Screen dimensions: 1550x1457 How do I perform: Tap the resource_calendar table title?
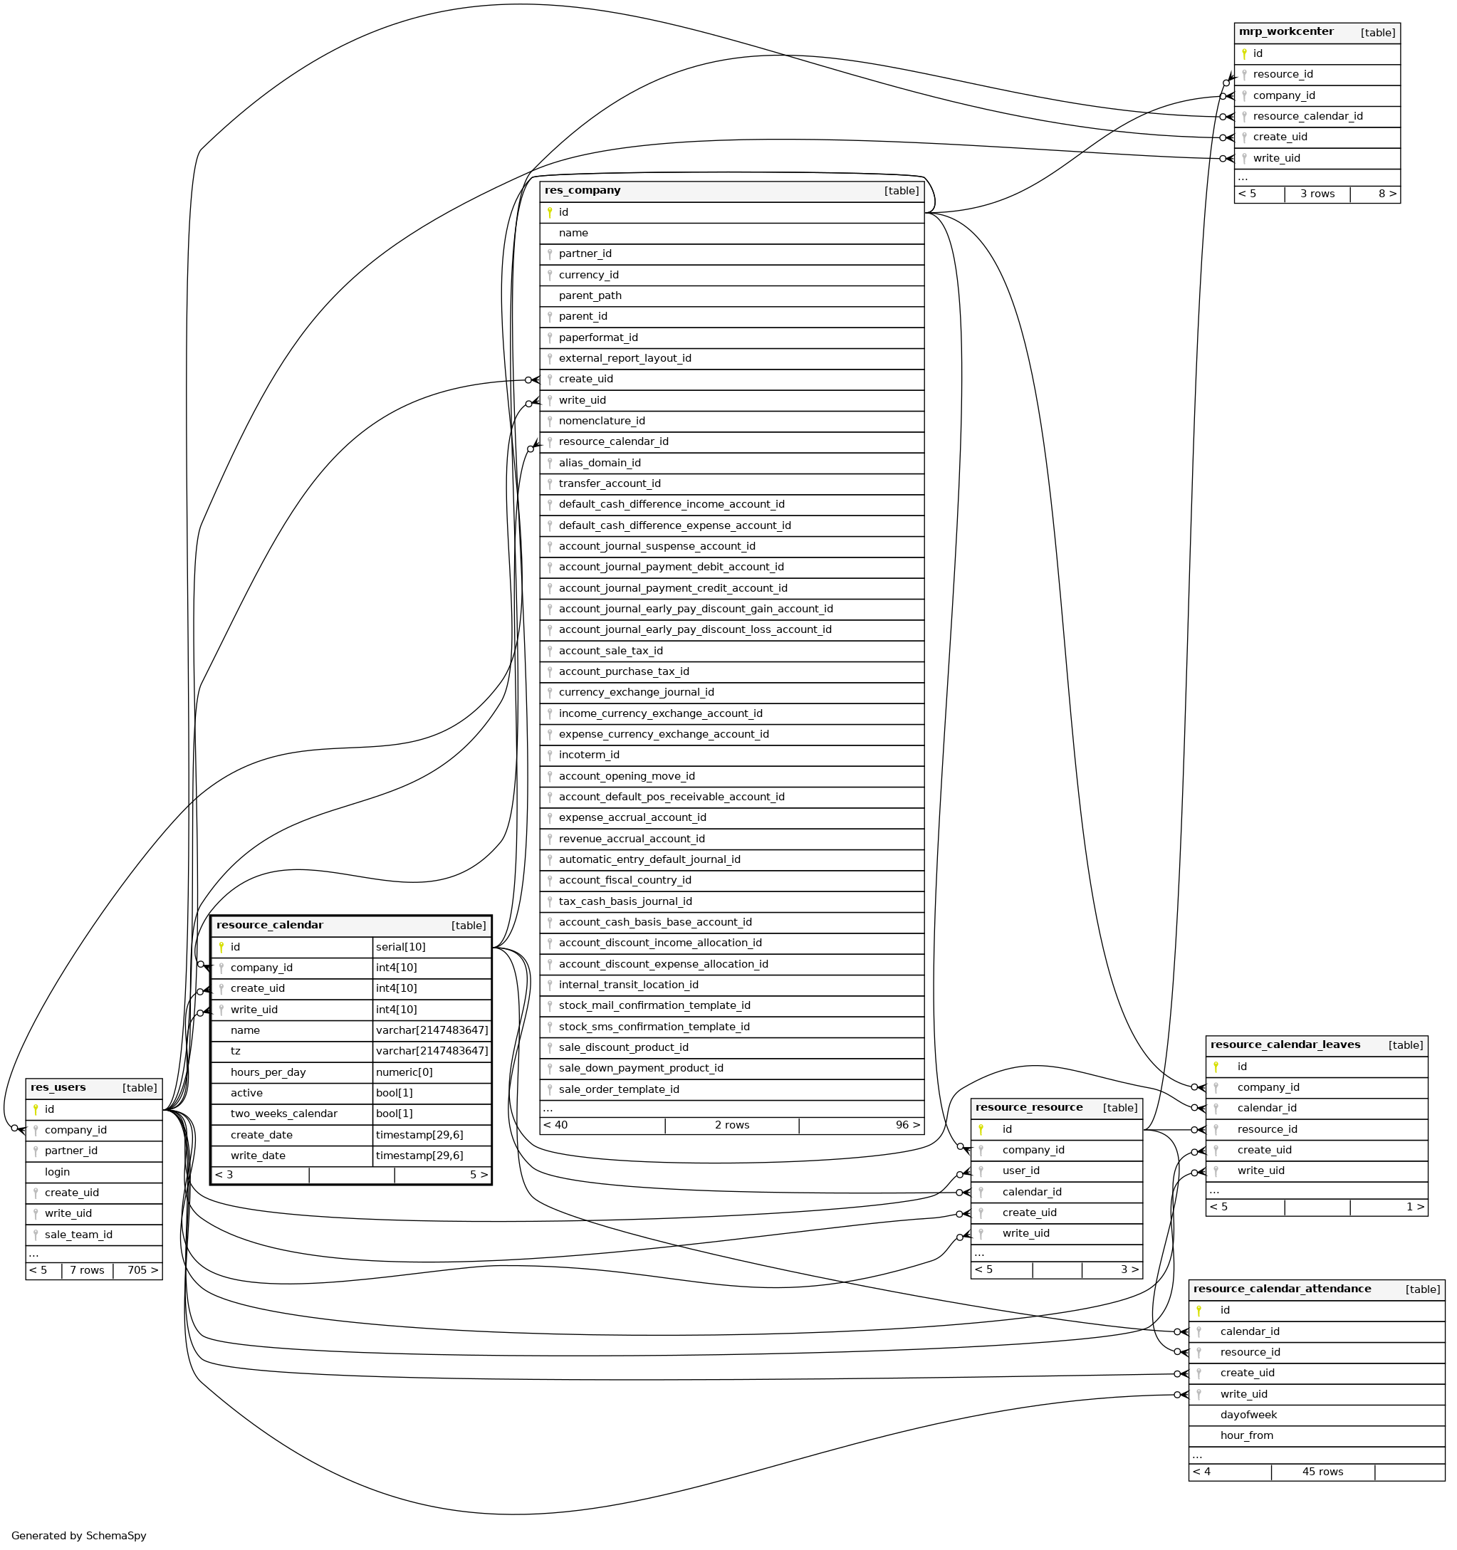coord(269,926)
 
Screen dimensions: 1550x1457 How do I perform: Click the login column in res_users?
coord(57,1172)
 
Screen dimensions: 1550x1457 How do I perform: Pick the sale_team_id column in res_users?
coord(78,1234)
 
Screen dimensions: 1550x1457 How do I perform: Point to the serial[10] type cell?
coord(400,948)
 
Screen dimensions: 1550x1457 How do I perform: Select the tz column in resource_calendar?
coord(235,1051)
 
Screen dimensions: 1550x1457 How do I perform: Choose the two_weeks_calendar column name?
coord(283,1114)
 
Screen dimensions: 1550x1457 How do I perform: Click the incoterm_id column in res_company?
coord(589,755)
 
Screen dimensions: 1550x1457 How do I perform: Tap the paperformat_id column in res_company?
coord(597,337)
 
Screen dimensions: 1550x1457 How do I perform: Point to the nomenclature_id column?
coord(601,421)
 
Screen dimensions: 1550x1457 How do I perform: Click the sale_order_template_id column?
coord(619,1089)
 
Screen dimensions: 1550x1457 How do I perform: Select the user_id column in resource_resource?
coord(1020,1171)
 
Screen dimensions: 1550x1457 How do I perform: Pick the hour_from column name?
coord(1246,1435)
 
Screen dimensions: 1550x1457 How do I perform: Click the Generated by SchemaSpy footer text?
coord(79,1535)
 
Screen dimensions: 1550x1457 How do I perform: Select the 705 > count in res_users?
coord(142,1270)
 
